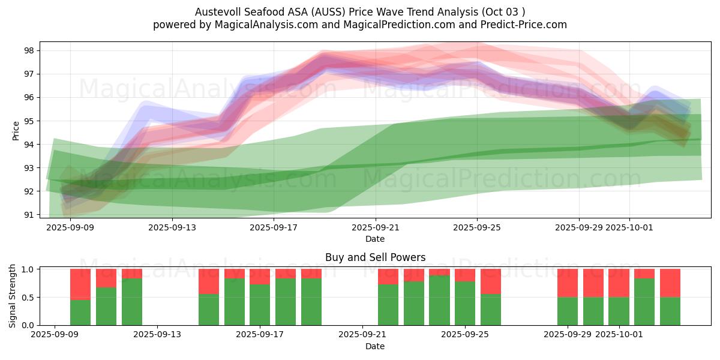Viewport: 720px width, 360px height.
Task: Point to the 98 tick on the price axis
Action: point(29,50)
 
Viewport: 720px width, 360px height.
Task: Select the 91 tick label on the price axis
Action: point(29,215)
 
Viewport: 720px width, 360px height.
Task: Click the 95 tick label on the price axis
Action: point(29,121)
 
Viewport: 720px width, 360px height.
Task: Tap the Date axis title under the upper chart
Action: point(375,239)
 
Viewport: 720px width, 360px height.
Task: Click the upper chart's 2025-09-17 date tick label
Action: point(274,227)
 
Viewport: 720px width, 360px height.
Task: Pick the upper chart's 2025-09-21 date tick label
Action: point(375,227)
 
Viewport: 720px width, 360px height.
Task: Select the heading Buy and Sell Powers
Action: point(375,257)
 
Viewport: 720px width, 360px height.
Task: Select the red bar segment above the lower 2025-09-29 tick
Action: point(568,283)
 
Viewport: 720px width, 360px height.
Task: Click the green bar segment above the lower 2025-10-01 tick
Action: point(619,311)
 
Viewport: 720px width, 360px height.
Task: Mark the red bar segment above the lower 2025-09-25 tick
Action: point(465,275)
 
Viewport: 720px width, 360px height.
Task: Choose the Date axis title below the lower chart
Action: point(375,346)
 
